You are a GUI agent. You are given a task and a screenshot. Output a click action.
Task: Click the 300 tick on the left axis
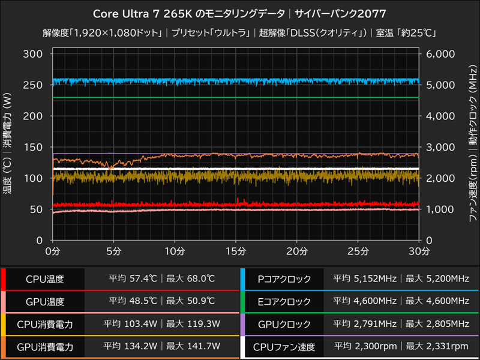32,54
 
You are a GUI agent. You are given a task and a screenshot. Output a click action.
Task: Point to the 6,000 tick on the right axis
443,54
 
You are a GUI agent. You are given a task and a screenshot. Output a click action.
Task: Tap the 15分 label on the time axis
236,250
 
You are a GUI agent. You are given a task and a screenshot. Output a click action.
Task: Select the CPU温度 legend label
45,279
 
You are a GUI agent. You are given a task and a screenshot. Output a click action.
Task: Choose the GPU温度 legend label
45,301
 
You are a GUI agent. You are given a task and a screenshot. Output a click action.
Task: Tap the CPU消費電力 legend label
45,324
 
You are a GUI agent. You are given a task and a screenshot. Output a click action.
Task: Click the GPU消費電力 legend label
45,346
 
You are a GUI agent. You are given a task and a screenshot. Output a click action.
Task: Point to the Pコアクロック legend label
284,279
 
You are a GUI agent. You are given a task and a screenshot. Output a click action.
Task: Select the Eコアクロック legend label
284,301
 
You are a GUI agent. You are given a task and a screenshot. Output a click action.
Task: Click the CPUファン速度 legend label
284,346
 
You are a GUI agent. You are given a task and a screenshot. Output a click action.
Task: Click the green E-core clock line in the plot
240,97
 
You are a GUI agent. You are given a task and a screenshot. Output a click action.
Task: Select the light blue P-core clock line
240,80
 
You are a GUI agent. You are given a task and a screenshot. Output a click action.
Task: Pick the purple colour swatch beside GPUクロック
242,324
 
